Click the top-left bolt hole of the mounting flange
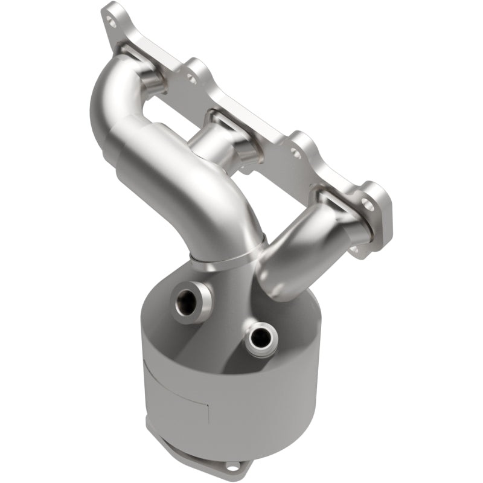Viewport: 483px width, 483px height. tap(110, 19)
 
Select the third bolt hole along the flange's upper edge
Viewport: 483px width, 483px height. tap(296, 153)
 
